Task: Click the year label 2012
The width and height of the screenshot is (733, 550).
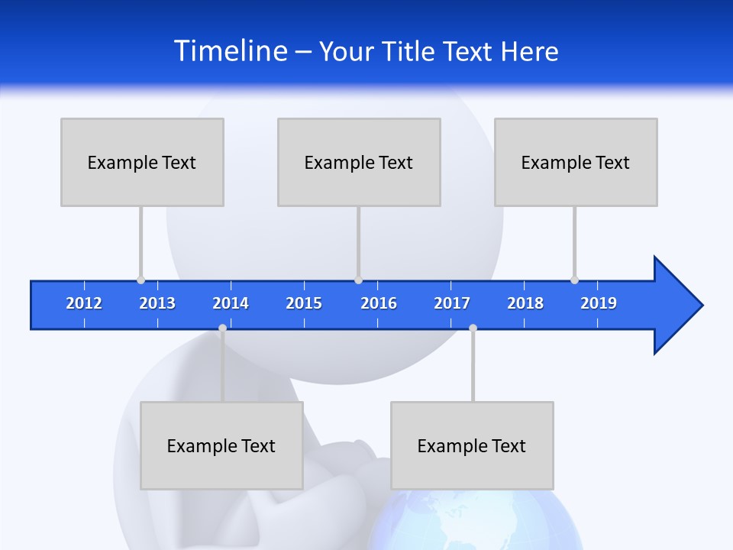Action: click(x=84, y=303)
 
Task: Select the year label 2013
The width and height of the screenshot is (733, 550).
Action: click(x=157, y=303)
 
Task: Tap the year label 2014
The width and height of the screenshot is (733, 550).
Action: click(x=231, y=303)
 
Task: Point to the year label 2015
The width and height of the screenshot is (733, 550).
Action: click(x=304, y=303)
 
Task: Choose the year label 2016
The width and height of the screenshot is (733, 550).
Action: click(x=379, y=303)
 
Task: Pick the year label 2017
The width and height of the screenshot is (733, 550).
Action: click(x=452, y=303)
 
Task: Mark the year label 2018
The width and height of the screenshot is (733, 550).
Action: click(x=525, y=303)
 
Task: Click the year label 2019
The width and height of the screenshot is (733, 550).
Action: click(x=599, y=303)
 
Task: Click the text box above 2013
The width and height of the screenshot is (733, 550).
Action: click(x=142, y=162)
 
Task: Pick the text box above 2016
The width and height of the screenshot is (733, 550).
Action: click(x=359, y=162)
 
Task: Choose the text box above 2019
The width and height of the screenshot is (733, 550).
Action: click(x=576, y=162)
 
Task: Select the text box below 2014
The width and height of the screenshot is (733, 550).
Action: click(x=221, y=445)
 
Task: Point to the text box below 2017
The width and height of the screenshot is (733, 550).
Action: click(x=472, y=445)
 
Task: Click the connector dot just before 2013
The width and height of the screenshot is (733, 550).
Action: click(x=140, y=280)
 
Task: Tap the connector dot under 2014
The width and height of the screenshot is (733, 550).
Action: click(x=222, y=328)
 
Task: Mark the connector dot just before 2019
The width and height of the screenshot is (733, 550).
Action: click(x=574, y=280)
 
